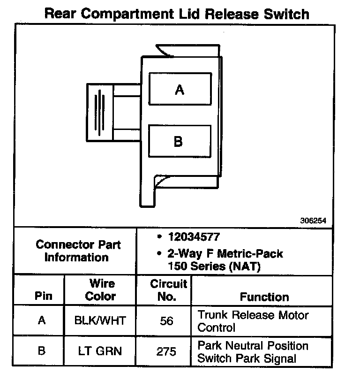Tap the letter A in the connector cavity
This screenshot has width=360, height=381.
tap(179, 89)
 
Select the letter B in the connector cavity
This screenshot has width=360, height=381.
tap(178, 141)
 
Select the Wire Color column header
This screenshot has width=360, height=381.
tap(101, 290)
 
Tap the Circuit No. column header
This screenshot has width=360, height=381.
tap(168, 290)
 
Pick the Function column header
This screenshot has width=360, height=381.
tap(264, 297)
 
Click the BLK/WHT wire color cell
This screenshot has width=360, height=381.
tap(100, 321)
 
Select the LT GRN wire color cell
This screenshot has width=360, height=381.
tap(100, 351)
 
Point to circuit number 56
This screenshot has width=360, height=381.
tap(166, 321)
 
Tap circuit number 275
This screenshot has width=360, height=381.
tap(166, 351)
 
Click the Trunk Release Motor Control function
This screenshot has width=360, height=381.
tap(253, 321)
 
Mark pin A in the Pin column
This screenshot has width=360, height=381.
tap(42, 321)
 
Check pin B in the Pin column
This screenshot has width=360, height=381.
tap(42, 351)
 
